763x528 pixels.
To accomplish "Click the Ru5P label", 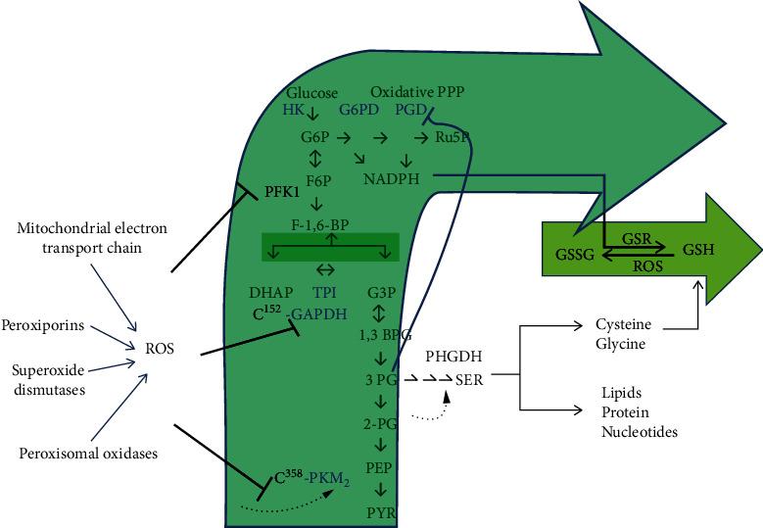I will coord(453,137).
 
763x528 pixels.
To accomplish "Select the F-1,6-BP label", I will coord(315,223).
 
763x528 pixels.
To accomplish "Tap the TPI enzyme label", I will coord(325,293).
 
